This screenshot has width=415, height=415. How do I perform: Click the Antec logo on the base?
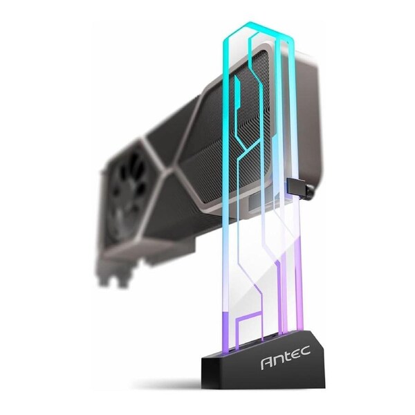tap(285, 362)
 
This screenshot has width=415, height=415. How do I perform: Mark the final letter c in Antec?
tap(305, 360)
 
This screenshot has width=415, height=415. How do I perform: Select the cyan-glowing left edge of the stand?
tap(225, 173)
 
